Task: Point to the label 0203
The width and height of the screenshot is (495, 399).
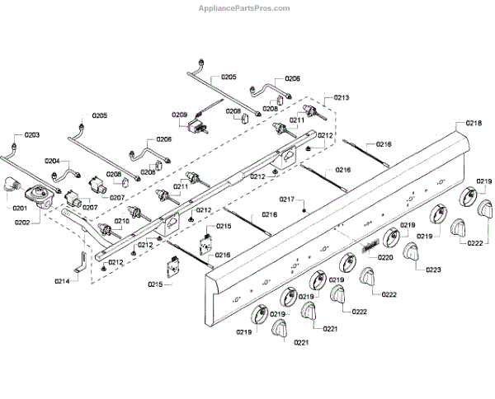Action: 31,134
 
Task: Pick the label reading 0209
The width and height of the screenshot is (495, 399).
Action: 180,115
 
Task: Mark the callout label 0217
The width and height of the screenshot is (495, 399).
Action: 286,199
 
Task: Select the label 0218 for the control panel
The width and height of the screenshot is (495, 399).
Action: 474,123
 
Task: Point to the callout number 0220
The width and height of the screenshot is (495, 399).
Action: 384,257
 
